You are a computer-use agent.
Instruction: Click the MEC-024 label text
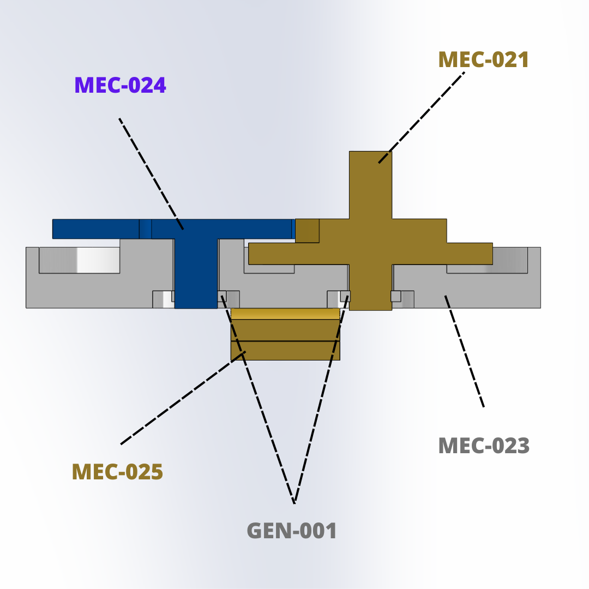(120, 85)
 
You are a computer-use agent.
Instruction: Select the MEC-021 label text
(484, 60)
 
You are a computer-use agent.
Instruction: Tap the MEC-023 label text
(484, 446)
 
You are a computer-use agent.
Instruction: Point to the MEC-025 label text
(117, 472)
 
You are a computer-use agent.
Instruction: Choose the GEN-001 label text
(291, 531)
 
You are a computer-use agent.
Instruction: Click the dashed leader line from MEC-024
(151, 174)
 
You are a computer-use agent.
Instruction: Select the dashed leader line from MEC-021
(422, 118)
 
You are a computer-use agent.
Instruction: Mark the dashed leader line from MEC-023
(464, 351)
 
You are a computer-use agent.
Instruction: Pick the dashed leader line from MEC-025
(183, 398)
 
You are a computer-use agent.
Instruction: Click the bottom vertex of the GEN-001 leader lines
(294, 503)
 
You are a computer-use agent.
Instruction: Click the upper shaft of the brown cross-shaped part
(370, 185)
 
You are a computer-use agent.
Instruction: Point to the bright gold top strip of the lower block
(285, 314)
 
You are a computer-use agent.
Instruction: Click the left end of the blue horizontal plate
(53, 229)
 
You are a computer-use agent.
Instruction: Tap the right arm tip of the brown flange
(492, 254)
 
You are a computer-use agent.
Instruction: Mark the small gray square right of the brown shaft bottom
(395, 296)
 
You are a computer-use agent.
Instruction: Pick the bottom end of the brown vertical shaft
(370, 310)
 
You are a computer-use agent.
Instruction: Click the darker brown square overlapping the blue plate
(307, 231)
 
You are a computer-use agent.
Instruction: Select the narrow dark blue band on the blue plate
(146, 229)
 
